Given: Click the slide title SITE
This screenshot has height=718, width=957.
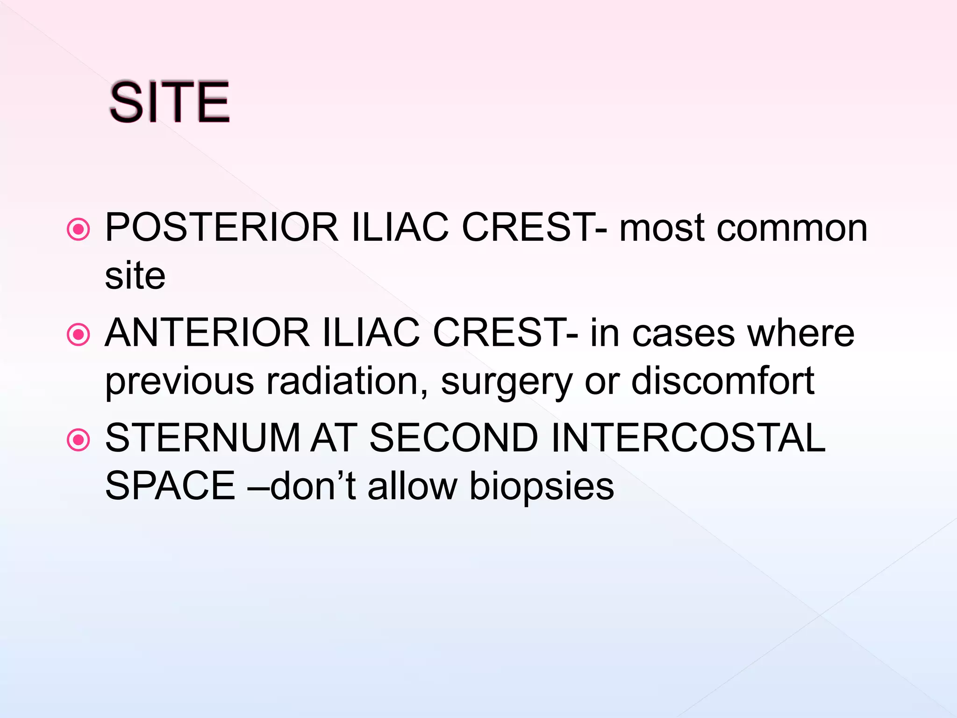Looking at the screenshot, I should (x=169, y=102).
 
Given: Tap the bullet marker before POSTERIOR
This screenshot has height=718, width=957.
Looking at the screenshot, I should (x=78, y=230).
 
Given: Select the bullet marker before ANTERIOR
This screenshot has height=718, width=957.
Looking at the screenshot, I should (x=78, y=335).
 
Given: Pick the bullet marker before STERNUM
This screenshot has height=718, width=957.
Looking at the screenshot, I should (x=78, y=440).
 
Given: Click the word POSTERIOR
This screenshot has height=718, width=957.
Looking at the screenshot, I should (x=221, y=228).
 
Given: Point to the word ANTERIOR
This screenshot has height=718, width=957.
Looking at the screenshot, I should (x=207, y=333).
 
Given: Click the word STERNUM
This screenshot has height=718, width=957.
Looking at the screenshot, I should (x=202, y=438).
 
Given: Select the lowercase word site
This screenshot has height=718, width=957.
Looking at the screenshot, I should (x=135, y=276).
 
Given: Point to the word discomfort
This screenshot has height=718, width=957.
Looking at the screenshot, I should (x=723, y=381).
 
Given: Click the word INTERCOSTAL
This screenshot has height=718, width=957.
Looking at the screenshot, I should (x=688, y=438).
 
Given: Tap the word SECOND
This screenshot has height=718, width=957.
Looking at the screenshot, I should (x=454, y=438).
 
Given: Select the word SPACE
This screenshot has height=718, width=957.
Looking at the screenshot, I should (x=170, y=486).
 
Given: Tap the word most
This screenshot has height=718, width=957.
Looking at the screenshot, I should (x=662, y=229).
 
